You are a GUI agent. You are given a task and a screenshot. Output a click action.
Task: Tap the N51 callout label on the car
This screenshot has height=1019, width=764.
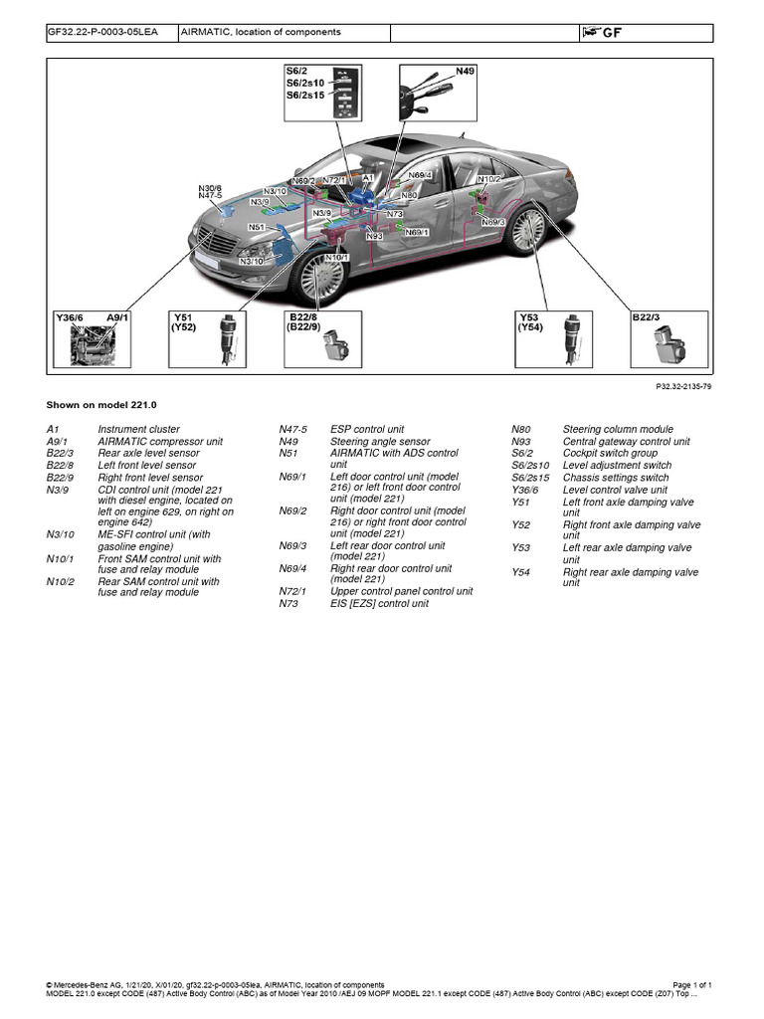(x=256, y=227)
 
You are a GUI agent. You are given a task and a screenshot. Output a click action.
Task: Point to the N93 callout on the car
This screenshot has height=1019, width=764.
(x=374, y=236)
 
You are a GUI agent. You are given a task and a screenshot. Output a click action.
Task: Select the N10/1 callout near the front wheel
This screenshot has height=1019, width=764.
(x=337, y=257)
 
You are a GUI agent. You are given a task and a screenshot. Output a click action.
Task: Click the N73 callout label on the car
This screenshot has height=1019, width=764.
(x=395, y=213)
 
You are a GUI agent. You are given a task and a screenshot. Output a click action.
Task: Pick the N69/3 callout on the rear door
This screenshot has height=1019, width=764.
(x=493, y=222)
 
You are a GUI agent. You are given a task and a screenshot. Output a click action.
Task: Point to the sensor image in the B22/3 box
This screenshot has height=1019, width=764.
(x=668, y=342)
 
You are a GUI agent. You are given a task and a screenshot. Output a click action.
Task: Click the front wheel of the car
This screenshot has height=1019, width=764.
(x=321, y=276)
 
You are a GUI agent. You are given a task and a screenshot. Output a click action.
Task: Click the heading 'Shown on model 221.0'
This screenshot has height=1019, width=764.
(x=102, y=406)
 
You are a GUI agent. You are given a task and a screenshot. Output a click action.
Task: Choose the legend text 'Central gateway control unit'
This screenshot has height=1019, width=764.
(x=626, y=441)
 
